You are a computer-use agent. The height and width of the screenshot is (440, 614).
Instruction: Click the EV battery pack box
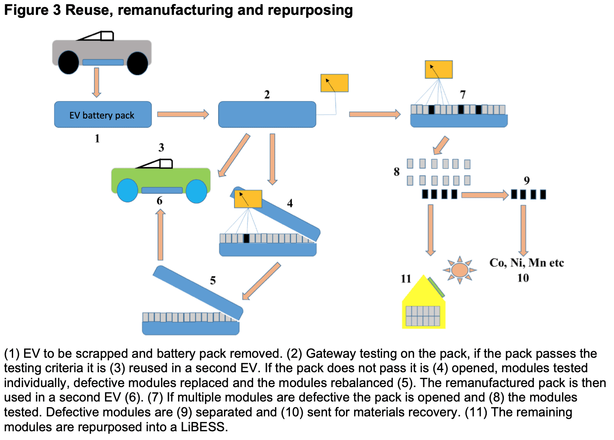tap(103, 115)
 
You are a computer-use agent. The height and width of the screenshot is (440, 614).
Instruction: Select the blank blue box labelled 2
tap(267, 115)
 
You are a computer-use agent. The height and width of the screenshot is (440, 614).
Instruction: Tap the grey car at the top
tap(101, 50)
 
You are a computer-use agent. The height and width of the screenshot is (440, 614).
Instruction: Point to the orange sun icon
tap(460, 269)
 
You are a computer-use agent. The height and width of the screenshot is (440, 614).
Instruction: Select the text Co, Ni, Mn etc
tap(527, 263)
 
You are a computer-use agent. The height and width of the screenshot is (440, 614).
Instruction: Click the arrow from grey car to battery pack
tap(97, 82)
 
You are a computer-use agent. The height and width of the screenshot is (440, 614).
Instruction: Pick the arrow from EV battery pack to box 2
tap(183, 114)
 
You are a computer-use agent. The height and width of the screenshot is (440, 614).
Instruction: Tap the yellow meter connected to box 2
tap(335, 83)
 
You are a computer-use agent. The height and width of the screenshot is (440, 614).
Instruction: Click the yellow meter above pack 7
tap(439, 70)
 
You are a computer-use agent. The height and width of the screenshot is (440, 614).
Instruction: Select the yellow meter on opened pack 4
tap(248, 199)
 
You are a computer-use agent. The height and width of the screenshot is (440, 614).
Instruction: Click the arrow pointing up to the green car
tap(160, 235)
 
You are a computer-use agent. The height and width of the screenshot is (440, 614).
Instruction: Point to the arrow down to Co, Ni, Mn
tap(523, 230)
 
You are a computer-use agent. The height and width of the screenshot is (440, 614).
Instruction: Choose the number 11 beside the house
tap(406, 279)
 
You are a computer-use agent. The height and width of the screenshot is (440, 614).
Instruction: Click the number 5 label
tap(213, 280)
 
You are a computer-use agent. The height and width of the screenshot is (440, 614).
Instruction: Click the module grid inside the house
tap(423, 316)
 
